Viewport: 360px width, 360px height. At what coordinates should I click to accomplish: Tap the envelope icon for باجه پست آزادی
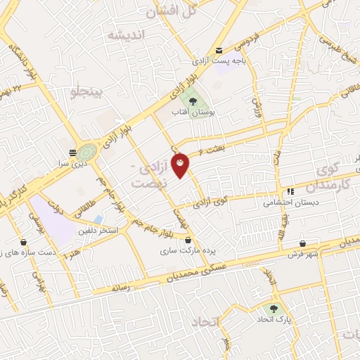[x=220, y=50]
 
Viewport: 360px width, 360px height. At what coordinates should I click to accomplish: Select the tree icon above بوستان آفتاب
[x=193, y=102]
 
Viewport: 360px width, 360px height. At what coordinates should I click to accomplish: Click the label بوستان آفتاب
[x=194, y=112]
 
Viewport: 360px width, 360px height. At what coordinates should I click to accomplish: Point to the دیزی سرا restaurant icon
[x=72, y=152]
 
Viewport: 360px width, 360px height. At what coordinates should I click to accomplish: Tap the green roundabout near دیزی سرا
[x=87, y=151]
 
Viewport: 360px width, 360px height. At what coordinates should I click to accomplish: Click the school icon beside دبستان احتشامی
[x=290, y=191]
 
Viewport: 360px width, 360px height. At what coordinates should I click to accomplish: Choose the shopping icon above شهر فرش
[x=302, y=243]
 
